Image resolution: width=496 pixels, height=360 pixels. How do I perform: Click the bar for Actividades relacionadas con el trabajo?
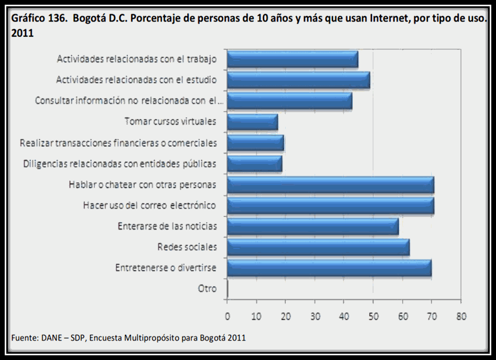(293, 59)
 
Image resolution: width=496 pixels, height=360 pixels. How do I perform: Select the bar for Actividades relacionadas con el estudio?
(298, 80)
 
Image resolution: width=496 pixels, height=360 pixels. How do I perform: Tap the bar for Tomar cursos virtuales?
(252, 122)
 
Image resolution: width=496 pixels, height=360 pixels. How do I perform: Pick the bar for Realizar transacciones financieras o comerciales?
(255, 143)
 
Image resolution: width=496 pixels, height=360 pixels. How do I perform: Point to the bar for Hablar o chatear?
(330, 184)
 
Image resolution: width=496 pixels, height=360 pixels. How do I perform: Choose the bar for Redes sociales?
(318, 247)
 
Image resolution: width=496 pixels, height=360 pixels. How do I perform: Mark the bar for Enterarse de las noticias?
(312, 226)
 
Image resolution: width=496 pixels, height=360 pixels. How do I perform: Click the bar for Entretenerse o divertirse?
(329, 267)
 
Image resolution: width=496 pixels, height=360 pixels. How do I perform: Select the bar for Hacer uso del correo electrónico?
(330, 205)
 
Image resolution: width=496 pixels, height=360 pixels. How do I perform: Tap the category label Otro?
(207, 288)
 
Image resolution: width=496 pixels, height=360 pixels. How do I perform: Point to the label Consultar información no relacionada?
(129, 101)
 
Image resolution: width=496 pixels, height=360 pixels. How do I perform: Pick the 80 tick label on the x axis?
(461, 316)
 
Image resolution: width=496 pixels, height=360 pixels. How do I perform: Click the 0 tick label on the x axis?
(228, 316)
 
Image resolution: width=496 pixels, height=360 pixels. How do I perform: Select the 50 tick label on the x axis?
(373, 316)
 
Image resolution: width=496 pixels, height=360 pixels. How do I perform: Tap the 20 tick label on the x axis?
(286, 316)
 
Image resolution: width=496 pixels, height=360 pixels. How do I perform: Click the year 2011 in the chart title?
(23, 34)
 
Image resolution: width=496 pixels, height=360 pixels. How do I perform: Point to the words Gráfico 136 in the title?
(39, 18)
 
